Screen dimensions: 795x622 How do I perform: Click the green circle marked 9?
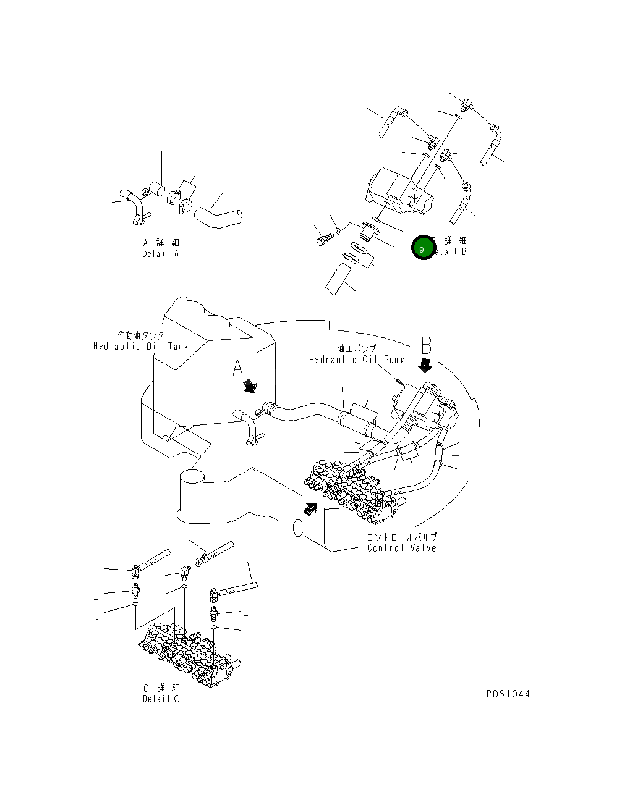click(x=423, y=249)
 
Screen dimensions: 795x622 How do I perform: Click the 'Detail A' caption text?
click(x=160, y=254)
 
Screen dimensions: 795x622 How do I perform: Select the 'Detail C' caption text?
click(x=160, y=699)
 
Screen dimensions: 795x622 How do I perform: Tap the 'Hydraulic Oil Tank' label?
click(x=141, y=347)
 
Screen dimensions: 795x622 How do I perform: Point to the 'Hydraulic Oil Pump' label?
click(x=357, y=360)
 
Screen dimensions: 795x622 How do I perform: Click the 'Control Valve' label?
click(x=401, y=548)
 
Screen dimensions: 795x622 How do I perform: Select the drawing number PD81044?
click(x=508, y=694)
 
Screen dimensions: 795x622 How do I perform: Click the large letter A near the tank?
click(x=238, y=368)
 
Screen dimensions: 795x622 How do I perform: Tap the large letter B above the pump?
click(x=426, y=345)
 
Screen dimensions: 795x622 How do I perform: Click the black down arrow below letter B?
click(x=425, y=366)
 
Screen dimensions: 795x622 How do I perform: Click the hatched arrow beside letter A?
click(x=250, y=386)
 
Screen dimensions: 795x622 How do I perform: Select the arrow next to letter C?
click(x=310, y=508)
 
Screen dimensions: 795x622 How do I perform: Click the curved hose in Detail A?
click(x=218, y=216)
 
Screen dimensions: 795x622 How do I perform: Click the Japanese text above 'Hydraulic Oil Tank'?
click(x=141, y=335)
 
